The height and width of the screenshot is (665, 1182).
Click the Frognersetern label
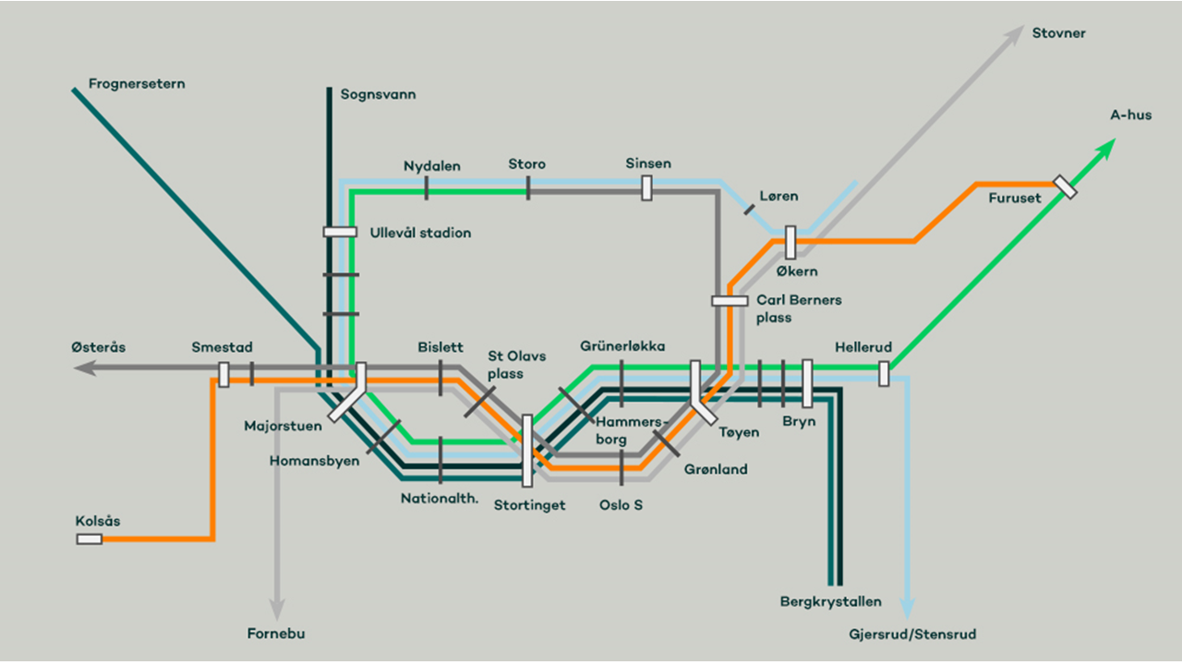click(x=137, y=84)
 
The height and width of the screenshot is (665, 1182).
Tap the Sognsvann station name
click(x=378, y=94)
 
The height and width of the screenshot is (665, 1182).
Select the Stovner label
click(x=1058, y=34)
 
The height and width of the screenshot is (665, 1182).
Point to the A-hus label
click(x=1130, y=115)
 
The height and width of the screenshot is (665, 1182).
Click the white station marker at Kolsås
click(x=90, y=538)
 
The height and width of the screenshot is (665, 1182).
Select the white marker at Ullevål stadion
click(x=340, y=232)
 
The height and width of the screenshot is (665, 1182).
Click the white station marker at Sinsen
click(x=646, y=188)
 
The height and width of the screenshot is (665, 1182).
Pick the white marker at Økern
click(x=790, y=242)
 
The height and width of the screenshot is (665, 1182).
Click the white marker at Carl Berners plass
click(x=730, y=300)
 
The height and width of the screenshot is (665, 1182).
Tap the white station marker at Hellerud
click(x=884, y=374)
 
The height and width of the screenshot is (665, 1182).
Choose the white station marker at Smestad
click(x=223, y=374)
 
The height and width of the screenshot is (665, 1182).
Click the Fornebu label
click(x=276, y=634)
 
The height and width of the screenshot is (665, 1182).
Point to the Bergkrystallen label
click(x=831, y=602)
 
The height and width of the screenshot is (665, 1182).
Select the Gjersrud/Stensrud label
click(x=912, y=635)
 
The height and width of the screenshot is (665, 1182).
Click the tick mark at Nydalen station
click(x=426, y=188)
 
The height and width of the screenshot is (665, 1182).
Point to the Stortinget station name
click(x=529, y=505)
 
